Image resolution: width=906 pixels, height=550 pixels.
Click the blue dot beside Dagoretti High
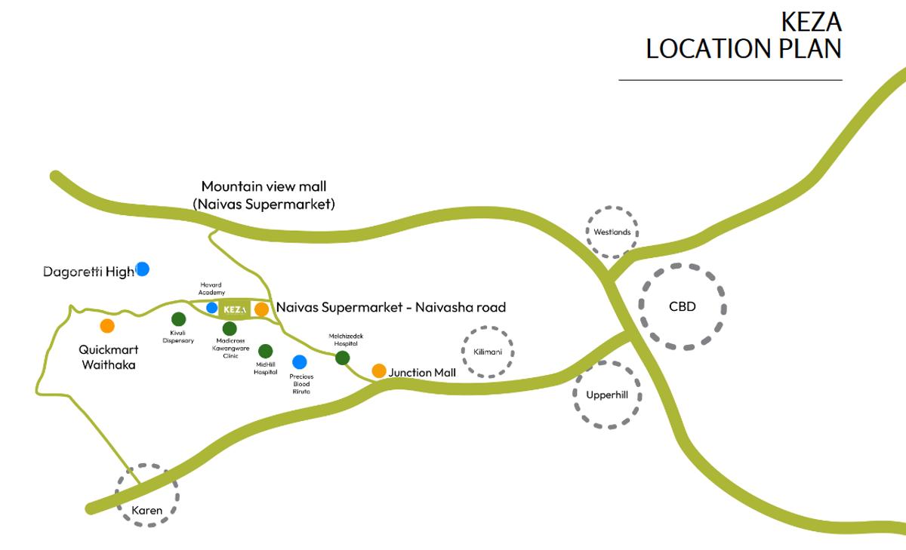tap(142, 269)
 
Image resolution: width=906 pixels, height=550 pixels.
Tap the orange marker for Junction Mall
tap(379, 370)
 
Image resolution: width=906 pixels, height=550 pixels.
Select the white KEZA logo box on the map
tap(233, 309)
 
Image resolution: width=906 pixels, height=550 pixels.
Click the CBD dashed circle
tap(683, 306)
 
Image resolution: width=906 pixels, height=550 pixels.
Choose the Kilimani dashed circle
tap(488, 352)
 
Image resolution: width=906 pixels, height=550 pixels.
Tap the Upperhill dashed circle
tap(607, 395)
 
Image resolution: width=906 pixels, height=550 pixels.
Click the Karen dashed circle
tap(147, 494)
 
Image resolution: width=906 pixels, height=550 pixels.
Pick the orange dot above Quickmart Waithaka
tap(107, 326)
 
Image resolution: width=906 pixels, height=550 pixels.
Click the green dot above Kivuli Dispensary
tap(178, 319)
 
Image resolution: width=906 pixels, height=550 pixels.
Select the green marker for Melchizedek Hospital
tap(342, 358)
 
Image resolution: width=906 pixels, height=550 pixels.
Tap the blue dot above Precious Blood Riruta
tap(300, 362)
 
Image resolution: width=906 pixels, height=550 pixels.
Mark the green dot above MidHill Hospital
tap(265, 351)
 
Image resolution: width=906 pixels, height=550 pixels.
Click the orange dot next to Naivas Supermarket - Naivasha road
tap(261, 309)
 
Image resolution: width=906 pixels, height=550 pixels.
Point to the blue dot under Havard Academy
tap(212, 308)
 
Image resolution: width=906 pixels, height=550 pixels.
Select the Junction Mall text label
tap(421, 373)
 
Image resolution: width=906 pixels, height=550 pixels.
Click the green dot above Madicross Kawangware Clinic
tap(230, 328)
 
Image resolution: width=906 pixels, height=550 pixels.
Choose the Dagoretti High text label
tap(88, 272)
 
